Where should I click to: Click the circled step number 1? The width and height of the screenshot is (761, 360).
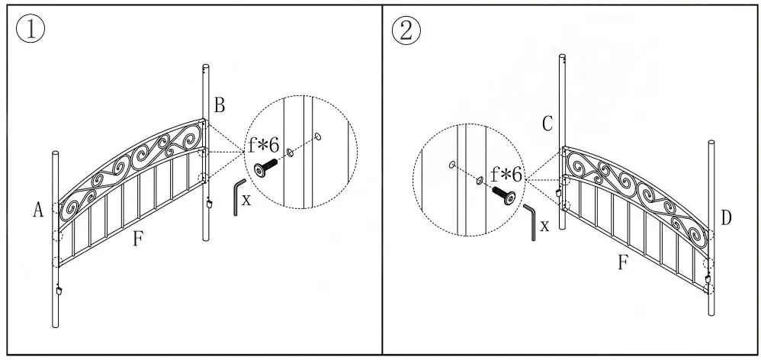point(31,30)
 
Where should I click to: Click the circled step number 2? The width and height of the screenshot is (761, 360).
point(406,30)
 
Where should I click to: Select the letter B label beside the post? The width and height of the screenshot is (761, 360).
point(219,106)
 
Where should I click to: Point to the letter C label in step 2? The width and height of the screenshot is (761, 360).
point(547,124)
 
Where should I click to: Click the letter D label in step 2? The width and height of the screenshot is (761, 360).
point(726,219)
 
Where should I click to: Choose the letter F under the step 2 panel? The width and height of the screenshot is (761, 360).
point(623,263)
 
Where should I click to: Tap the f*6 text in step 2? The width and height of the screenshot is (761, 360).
point(506,175)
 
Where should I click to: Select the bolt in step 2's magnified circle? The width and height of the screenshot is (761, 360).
point(503,194)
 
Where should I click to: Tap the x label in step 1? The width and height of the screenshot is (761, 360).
point(246,201)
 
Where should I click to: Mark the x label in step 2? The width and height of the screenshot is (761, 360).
point(544,226)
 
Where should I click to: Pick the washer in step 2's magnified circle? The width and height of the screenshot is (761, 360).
point(479,180)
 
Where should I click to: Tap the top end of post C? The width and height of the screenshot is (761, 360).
point(563,57)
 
